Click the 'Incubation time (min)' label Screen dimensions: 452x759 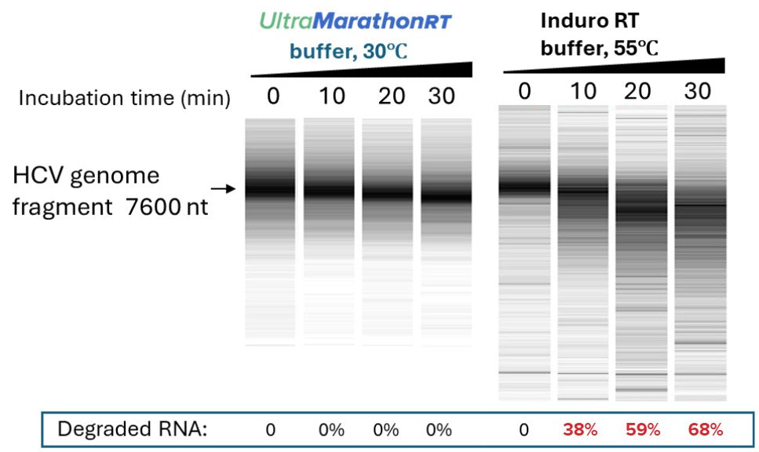124,98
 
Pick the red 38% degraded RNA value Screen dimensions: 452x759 580,429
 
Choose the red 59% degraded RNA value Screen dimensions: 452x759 643,429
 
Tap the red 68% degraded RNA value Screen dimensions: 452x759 704,429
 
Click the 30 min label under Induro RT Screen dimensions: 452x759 697,92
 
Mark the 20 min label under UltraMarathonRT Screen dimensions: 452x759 387,97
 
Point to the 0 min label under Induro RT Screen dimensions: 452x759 524,92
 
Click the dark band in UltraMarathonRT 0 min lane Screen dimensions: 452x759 270,188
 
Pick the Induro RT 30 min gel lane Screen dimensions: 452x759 700,251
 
